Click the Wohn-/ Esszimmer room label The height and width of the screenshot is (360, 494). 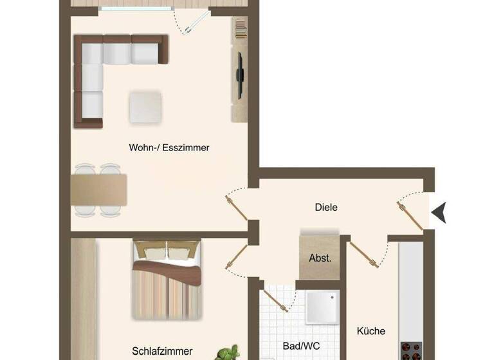click(169, 147)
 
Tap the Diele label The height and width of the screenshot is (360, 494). click(326, 208)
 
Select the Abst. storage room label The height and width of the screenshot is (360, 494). click(320, 258)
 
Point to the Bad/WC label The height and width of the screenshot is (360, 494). click(301, 345)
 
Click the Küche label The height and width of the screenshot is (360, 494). click(371, 331)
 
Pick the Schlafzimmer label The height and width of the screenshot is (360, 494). click(162, 351)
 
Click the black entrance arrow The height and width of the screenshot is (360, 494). click(439, 212)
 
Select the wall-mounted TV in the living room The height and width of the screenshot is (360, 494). click(239, 75)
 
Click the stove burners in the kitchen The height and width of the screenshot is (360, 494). click(411, 351)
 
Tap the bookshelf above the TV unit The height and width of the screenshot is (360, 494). click(240, 29)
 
